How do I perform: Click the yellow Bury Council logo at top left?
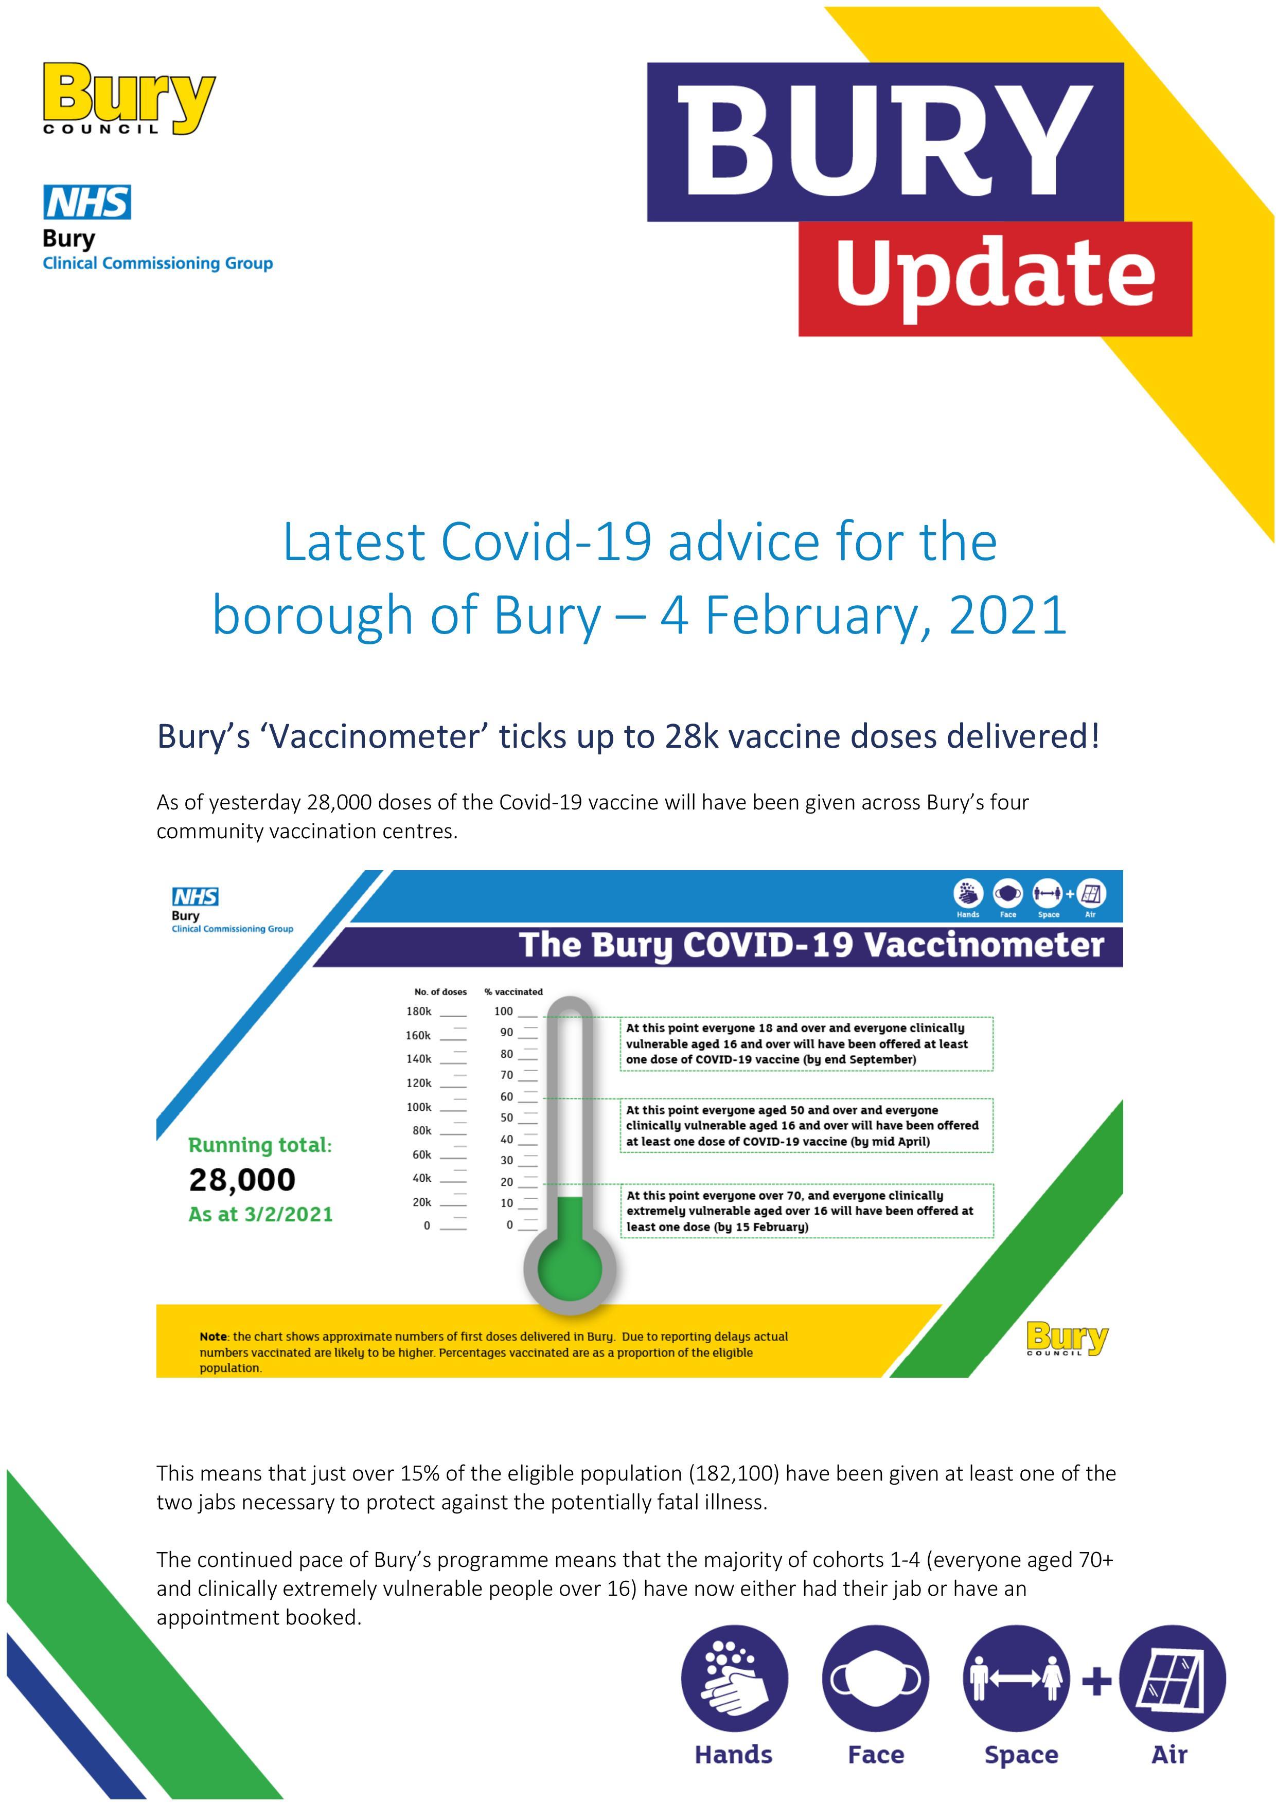pos(129,99)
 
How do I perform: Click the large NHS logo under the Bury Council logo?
pos(87,202)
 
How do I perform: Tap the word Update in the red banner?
pos(995,274)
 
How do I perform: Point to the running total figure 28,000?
pos(242,1179)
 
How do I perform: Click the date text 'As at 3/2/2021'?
pos(260,1214)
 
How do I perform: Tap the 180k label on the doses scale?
pos(419,1011)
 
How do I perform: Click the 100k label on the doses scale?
pos(419,1107)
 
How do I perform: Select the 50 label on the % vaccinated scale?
pos(506,1117)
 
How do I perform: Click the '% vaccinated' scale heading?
pos(513,991)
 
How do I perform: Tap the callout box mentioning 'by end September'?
pos(806,1043)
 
